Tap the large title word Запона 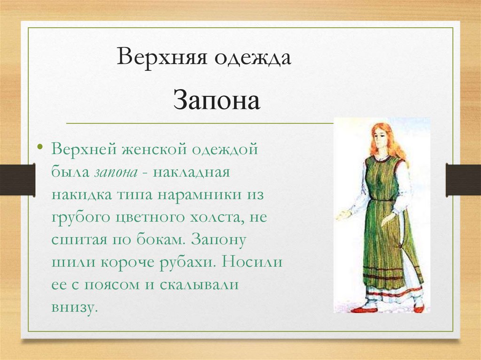(x=216, y=100)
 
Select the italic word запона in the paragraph (x=116, y=172)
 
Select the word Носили (x=252, y=261)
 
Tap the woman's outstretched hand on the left (x=341, y=215)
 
